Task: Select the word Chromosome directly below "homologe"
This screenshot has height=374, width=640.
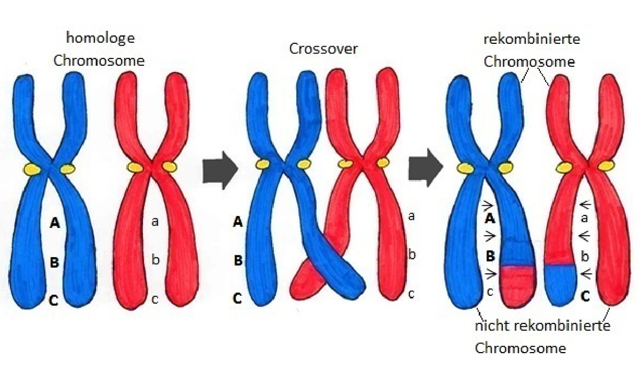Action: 99,60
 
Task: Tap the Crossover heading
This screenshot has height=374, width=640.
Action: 323,49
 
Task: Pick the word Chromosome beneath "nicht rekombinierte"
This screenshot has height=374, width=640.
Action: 520,348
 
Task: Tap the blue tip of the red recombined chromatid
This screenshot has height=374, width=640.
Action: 560,285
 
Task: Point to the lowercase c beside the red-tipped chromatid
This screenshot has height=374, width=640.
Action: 489,292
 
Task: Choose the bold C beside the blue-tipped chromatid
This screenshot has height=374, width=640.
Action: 585,297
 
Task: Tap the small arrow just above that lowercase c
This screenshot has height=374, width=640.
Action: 489,274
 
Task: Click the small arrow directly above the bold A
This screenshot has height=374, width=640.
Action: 488,205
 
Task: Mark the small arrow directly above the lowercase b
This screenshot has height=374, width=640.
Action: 585,236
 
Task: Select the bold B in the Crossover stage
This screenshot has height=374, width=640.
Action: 238,261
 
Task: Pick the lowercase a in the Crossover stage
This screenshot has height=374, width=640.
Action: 411,215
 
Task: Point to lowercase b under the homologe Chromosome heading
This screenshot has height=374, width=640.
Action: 156,260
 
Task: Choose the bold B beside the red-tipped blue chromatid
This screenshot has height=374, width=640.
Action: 490,256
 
